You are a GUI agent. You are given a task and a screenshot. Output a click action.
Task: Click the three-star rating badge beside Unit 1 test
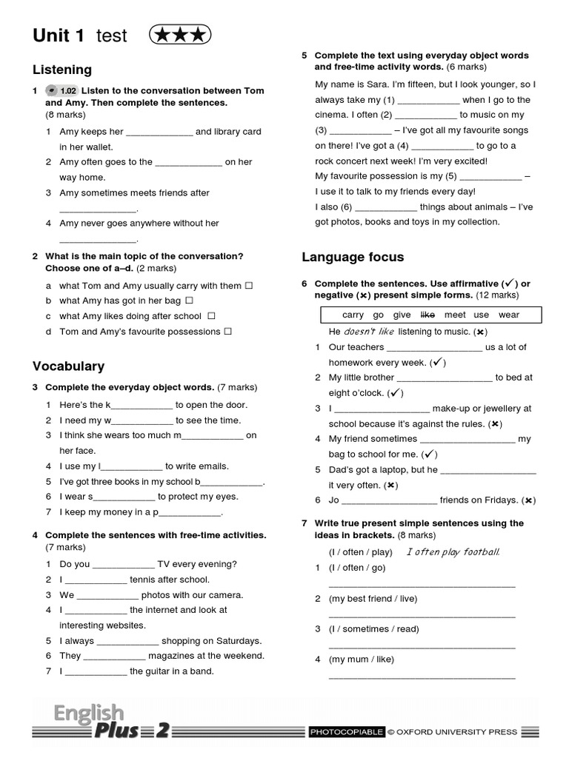[x=180, y=35]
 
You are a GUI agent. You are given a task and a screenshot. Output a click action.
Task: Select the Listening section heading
[x=62, y=70]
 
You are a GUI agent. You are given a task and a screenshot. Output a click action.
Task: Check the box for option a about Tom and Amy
[x=249, y=285]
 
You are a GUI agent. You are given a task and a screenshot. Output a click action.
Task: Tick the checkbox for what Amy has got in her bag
[x=189, y=301]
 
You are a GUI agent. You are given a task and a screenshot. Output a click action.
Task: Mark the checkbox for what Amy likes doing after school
[x=211, y=316]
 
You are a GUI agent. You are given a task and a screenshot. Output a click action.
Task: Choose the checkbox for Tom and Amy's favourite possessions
[x=227, y=332]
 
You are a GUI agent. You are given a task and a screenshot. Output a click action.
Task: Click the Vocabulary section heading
[x=68, y=366]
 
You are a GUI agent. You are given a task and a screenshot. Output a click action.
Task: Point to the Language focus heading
[x=353, y=257]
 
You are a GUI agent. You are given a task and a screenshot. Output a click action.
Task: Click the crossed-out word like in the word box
[x=427, y=315]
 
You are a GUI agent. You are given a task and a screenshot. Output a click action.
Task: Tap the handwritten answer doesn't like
[x=369, y=331]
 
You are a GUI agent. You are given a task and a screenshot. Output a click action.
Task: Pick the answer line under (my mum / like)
[x=422, y=677]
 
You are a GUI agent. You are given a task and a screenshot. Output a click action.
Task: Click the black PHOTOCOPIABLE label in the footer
[x=347, y=732]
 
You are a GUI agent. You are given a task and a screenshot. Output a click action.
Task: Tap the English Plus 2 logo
[x=104, y=722]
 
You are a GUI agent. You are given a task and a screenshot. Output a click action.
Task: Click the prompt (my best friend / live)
[x=373, y=598]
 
